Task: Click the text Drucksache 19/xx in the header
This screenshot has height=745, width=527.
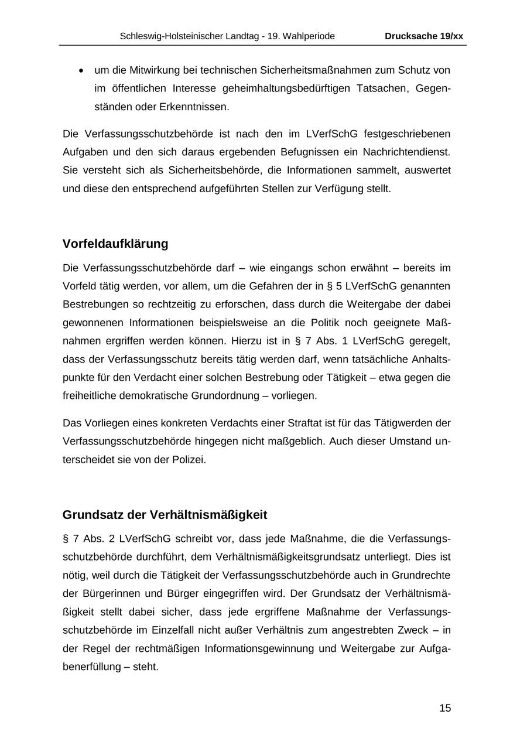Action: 424,36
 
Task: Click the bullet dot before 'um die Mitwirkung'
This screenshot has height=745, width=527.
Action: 81,71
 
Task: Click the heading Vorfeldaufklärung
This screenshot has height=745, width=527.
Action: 115,244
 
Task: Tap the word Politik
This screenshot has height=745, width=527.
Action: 334,323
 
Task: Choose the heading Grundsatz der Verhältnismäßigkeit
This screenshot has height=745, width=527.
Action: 165,515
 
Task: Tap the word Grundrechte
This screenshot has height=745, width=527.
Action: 423,575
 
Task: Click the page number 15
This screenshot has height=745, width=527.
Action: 445,708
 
